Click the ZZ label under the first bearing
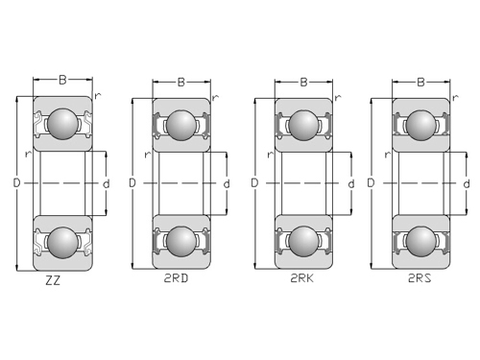point(53,280)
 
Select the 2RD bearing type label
point(176,278)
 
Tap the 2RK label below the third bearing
point(301,278)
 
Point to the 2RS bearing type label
point(420,278)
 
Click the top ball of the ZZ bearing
point(62,124)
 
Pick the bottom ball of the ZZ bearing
point(62,243)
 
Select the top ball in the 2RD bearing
point(181,126)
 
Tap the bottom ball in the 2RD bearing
point(181,241)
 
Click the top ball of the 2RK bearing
point(303,126)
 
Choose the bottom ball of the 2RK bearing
point(303,241)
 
